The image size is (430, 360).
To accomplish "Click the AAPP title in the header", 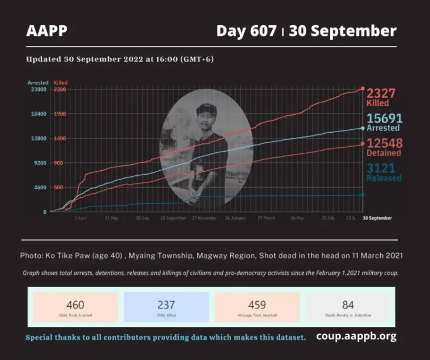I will (x=46, y=31).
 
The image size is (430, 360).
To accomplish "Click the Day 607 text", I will (x=246, y=31).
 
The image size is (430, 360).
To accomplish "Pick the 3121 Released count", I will (x=385, y=171).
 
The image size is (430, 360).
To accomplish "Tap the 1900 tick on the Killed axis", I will (x=60, y=114).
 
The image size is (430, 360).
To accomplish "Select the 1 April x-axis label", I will (x=81, y=218).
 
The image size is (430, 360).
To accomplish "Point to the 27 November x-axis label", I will (x=204, y=218).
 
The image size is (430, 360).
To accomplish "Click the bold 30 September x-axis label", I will (x=377, y=218).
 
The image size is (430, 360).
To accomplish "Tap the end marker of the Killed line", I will (x=363, y=89).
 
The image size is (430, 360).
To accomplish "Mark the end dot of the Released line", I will (x=363, y=194).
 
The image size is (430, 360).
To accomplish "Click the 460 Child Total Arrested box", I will (x=75, y=307).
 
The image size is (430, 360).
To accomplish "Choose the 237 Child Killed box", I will (x=166, y=307).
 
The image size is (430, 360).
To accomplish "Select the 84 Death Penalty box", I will (x=348, y=307).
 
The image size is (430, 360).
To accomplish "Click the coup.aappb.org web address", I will (x=356, y=336).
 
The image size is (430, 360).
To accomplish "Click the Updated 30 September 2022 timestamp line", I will (x=120, y=59).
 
